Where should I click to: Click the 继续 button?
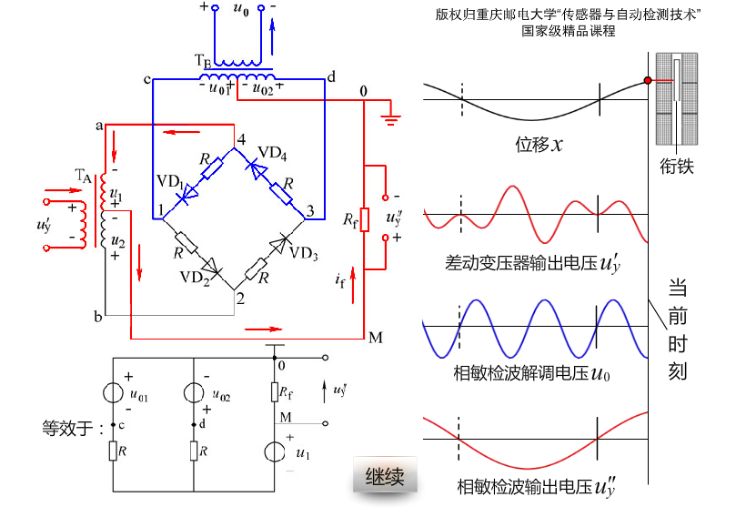[x=385, y=475]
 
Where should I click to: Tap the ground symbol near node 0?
[x=392, y=116]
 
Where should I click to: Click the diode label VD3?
[x=304, y=252]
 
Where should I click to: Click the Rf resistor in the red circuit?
[x=364, y=219]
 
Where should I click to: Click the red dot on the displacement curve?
[x=647, y=81]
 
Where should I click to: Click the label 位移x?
[x=539, y=144]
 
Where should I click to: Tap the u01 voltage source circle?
[x=113, y=393]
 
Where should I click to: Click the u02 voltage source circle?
[x=195, y=393]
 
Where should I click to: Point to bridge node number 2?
[x=239, y=298]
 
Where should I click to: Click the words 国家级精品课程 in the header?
[x=569, y=30]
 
